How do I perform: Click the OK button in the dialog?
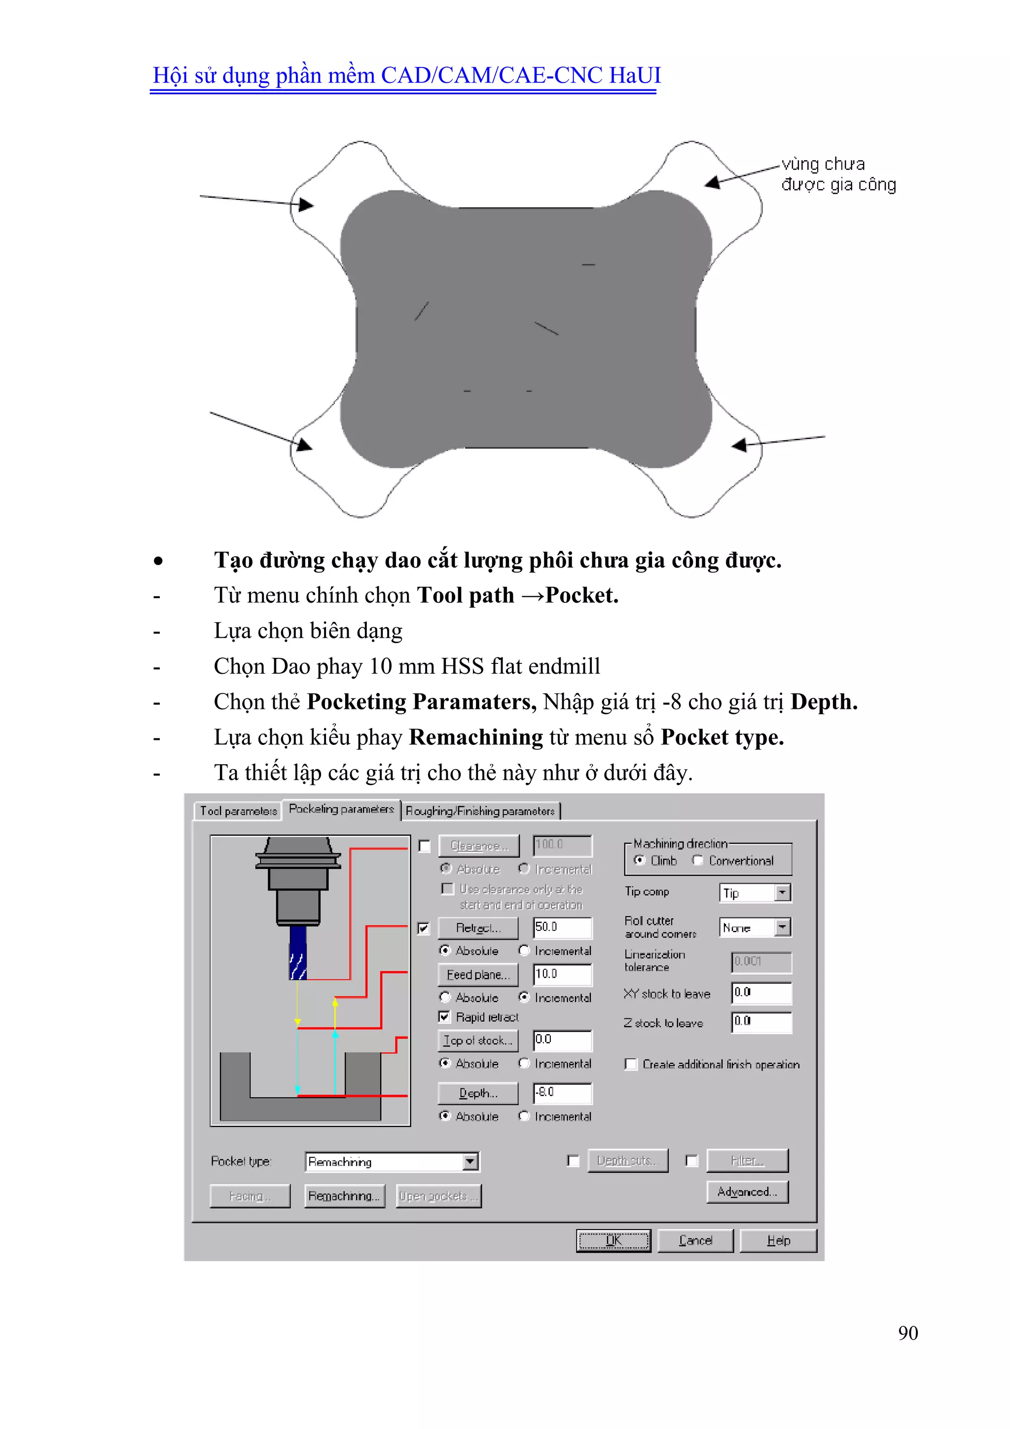pos(613,1240)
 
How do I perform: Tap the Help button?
pos(778,1240)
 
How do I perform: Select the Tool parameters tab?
pos(238,811)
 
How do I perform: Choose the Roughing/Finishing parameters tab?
pos(479,811)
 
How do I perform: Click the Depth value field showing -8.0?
pos(562,1093)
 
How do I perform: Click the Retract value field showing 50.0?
pos(562,927)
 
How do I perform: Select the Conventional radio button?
pos(698,861)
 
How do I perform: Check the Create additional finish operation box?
pos(631,1064)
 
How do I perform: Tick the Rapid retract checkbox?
pos(444,1017)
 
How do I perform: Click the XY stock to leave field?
pos(761,993)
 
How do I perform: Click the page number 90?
pos(907,1333)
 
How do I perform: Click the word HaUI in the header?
pos(634,76)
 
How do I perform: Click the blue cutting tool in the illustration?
pos(298,953)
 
